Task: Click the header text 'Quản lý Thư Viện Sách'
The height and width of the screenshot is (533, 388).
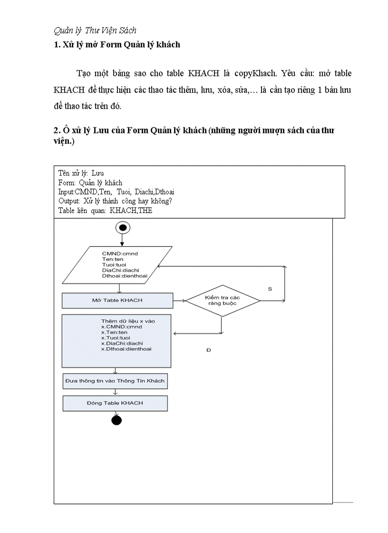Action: tap(95, 30)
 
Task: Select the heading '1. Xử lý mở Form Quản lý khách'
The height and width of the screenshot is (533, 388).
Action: tap(117, 45)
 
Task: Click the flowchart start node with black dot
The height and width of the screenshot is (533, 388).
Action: tap(123, 228)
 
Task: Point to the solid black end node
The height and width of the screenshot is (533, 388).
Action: tap(116, 420)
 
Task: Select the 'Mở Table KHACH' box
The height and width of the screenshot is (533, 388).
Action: tap(117, 300)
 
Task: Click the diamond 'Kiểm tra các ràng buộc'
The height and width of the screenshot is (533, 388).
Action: tap(222, 300)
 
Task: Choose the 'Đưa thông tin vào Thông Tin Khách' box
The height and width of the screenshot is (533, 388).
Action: tap(115, 381)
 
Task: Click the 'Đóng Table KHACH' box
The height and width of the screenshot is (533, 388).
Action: tap(115, 403)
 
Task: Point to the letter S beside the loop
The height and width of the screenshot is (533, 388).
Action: tap(270, 289)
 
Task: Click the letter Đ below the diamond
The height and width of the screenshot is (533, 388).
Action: tap(208, 350)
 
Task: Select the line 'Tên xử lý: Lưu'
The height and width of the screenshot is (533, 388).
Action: tap(81, 173)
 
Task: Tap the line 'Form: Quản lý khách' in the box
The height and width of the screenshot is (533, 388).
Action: tap(90, 183)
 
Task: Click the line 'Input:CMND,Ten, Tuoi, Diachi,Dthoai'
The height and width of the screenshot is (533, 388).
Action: tap(116, 192)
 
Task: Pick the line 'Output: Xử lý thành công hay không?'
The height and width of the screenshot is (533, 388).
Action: tap(115, 201)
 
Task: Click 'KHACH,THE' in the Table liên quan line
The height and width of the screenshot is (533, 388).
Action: tap(131, 210)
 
